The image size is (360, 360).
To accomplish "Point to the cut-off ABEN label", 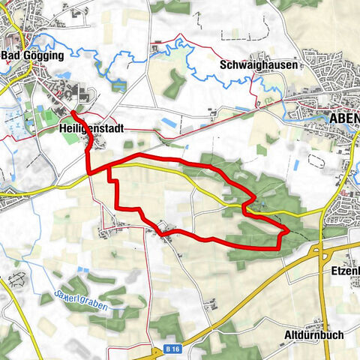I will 344,118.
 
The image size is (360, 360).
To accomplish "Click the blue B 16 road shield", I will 172,349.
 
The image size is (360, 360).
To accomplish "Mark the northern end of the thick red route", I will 73,112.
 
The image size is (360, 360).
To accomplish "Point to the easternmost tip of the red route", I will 289,228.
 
